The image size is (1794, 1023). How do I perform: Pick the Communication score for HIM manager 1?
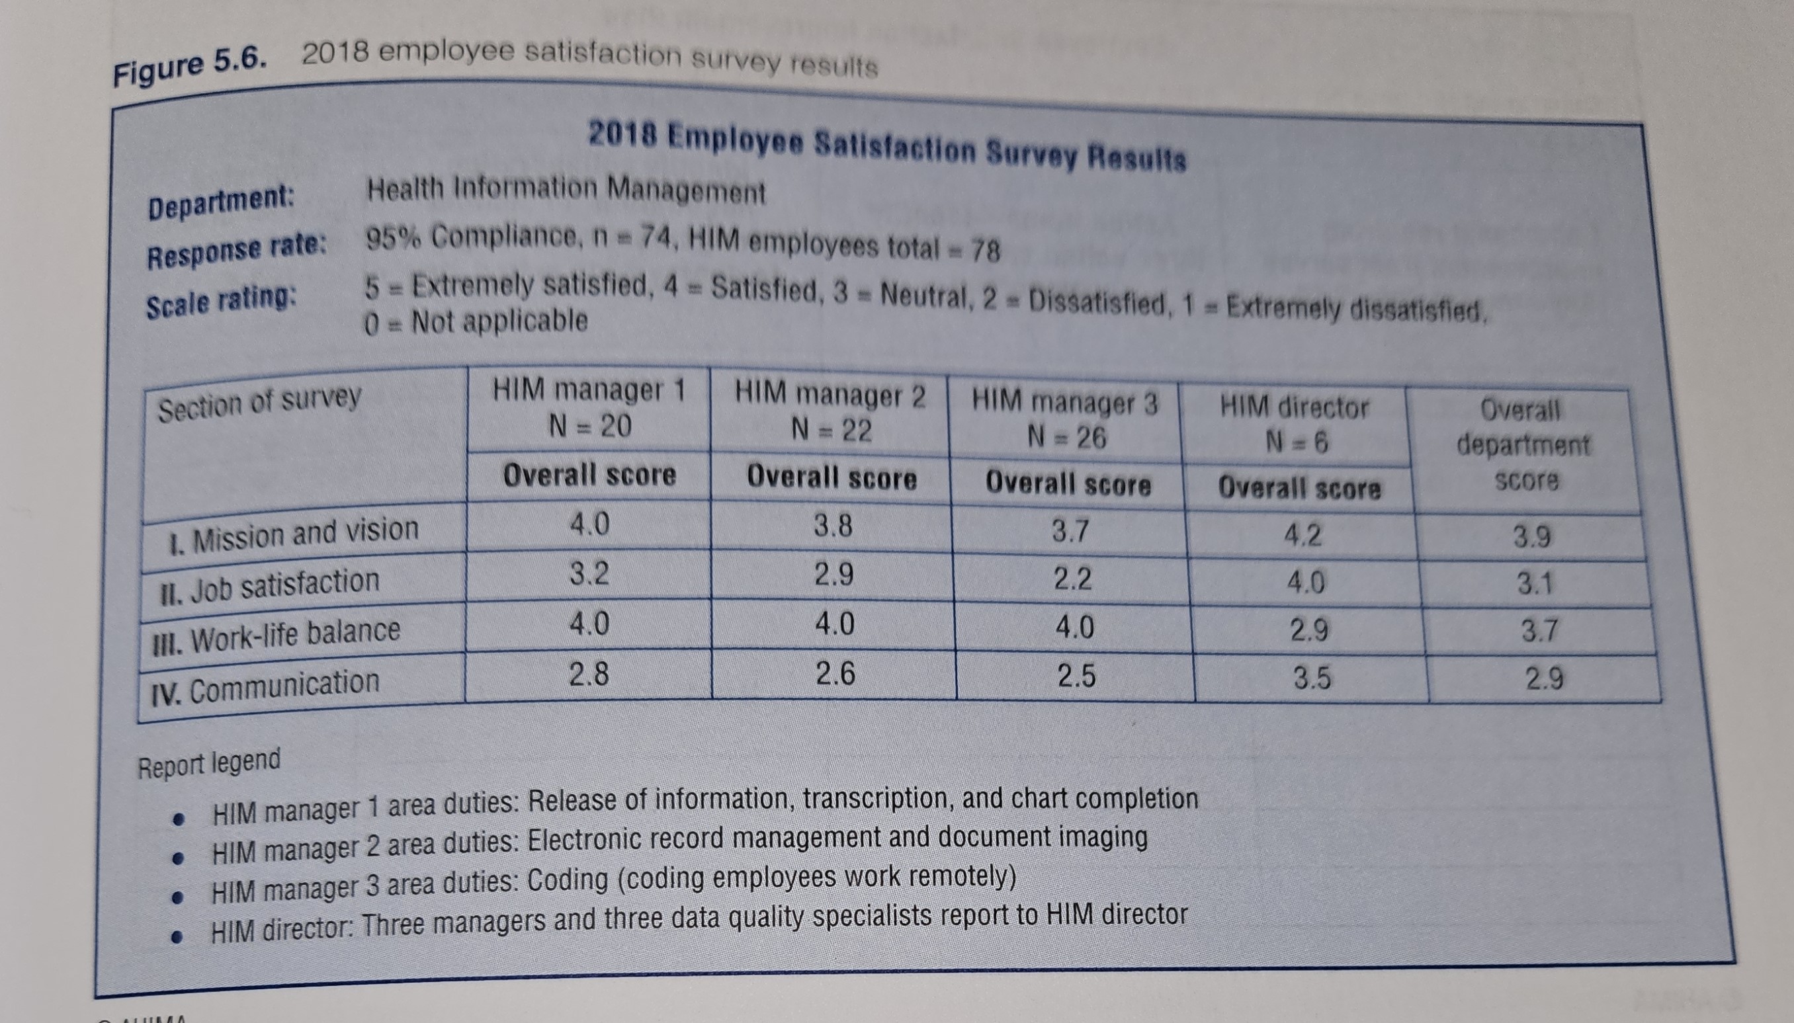click(589, 674)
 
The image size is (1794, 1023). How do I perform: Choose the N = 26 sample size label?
click(1067, 438)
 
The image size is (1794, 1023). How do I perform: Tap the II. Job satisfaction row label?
click(270, 584)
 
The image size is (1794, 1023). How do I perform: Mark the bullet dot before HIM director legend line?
click(180, 936)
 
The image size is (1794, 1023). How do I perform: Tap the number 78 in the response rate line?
click(984, 251)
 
